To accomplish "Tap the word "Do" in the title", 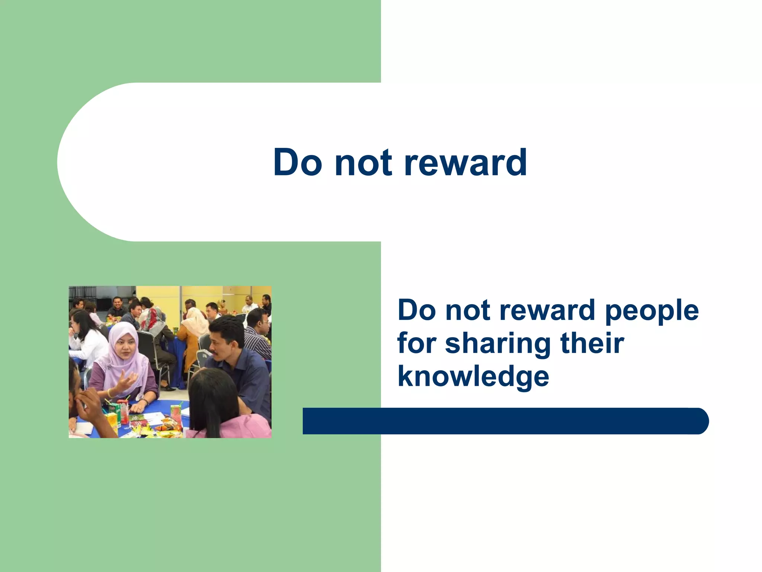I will tap(297, 163).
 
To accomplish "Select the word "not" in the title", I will tap(363, 163).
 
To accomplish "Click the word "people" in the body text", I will tap(651, 311).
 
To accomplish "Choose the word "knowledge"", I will tap(473, 376).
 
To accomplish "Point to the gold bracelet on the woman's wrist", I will tap(109, 393).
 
